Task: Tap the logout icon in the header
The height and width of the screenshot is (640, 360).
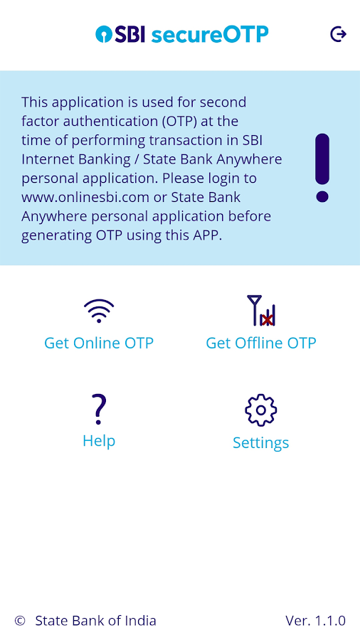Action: (339, 34)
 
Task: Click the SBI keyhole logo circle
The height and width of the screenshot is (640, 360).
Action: (104, 34)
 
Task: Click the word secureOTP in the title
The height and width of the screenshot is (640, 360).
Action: (210, 35)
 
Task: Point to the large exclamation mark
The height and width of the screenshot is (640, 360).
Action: (322, 168)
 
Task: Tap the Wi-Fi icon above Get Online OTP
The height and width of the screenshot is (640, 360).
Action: (99, 311)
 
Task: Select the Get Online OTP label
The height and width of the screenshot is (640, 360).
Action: (99, 343)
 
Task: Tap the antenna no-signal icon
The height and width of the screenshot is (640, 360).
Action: (261, 311)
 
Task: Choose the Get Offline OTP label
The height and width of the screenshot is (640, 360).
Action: (261, 343)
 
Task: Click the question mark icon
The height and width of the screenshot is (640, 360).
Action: (99, 409)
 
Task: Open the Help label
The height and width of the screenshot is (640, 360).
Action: (99, 441)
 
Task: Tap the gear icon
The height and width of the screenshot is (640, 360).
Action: (261, 410)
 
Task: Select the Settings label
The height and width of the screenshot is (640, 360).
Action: (261, 443)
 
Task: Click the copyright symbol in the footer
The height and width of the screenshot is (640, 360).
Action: (20, 621)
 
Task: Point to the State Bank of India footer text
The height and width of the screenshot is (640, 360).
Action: (95, 621)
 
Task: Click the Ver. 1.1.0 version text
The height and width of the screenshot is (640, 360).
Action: (315, 621)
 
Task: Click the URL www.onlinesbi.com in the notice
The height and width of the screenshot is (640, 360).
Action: (85, 198)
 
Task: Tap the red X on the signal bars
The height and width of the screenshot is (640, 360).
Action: (267, 319)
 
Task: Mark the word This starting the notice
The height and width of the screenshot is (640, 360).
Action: (34, 102)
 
